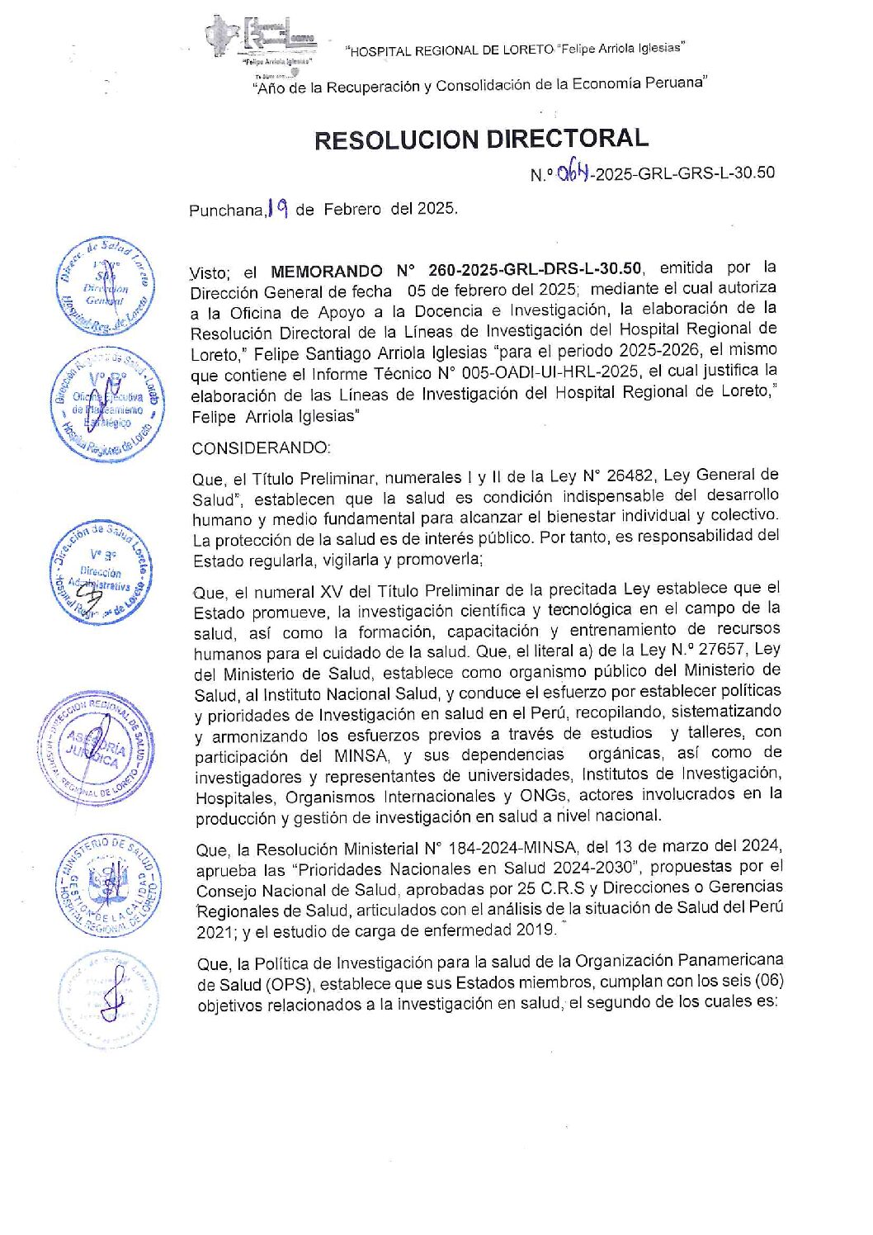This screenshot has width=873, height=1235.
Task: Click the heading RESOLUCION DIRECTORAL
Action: click(x=481, y=139)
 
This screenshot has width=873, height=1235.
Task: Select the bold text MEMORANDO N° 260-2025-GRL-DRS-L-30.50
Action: click(x=456, y=270)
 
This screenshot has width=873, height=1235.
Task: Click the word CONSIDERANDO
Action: click(x=261, y=448)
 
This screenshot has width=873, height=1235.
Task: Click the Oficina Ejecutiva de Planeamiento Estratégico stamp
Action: click(x=107, y=406)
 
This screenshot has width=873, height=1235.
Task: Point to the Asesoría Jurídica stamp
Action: click(x=96, y=748)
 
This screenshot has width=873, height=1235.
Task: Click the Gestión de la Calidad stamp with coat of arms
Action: click(x=107, y=886)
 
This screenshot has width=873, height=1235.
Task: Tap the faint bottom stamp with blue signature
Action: click(x=108, y=999)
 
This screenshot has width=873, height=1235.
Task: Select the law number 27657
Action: click(x=720, y=650)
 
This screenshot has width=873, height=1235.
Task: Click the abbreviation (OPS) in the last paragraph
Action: click(x=289, y=984)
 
